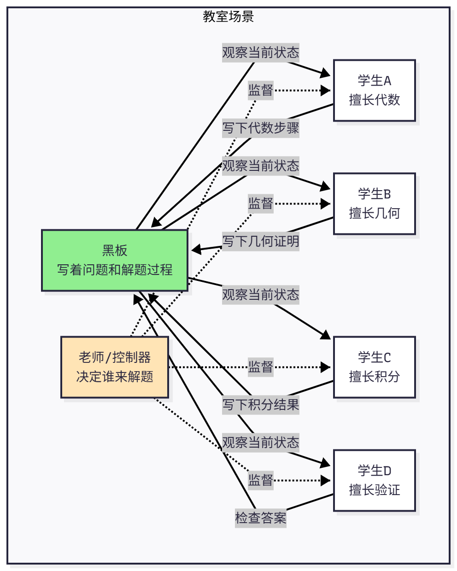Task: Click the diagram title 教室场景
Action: coord(228,17)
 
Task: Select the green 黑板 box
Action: coord(115,260)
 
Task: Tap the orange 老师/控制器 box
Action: coord(115,367)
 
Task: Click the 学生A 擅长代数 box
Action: coord(374,90)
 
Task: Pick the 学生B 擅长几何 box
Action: coord(374,204)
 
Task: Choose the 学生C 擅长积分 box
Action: coord(374,367)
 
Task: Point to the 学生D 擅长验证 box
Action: coord(374,480)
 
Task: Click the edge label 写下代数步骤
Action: coord(260,128)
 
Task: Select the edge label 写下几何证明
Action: coord(260,241)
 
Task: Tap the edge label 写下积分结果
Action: coord(260,405)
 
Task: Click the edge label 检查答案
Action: coord(260,518)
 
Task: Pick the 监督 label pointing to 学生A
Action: coord(260,90)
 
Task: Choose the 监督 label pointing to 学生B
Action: coord(260,204)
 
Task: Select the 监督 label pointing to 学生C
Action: coord(260,367)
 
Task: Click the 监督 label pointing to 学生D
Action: coord(260,480)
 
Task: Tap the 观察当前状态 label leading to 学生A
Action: coord(260,52)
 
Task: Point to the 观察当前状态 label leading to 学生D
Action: coord(260,443)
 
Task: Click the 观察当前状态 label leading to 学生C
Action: coord(260,295)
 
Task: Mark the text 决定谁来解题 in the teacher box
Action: coord(115,377)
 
